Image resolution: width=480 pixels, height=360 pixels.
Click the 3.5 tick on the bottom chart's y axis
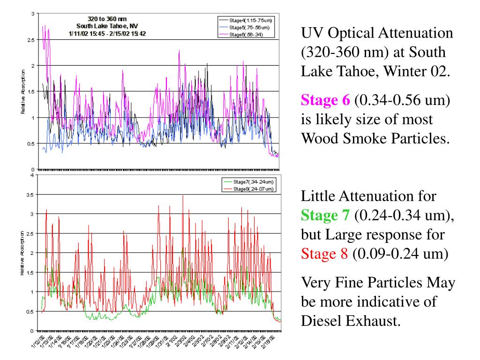click(x=30, y=194)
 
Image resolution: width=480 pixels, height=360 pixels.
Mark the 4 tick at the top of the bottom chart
click(x=32, y=175)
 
